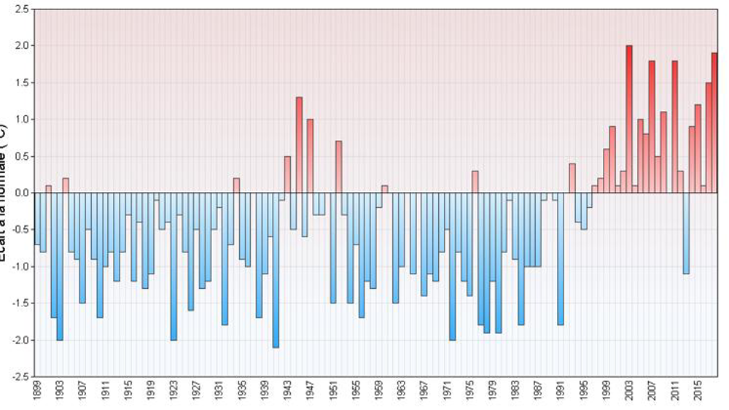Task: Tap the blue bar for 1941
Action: click(x=276, y=270)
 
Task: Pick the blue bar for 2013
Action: click(x=686, y=233)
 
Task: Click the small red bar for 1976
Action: click(x=475, y=182)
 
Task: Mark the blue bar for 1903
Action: click(x=60, y=266)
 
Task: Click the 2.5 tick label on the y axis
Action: click(x=21, y=9)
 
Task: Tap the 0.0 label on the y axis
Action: click(x=21, y=193)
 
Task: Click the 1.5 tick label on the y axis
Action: click(x=21, y=82)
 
